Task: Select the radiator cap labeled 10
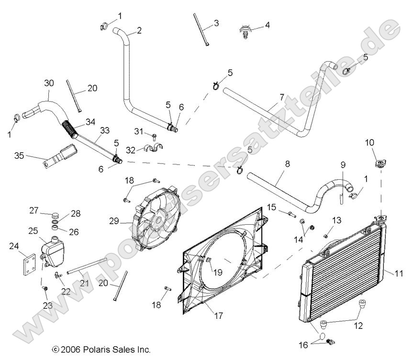tap(380, 164)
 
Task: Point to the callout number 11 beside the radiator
tap(399, 273)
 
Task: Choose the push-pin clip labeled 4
tap(245, 32)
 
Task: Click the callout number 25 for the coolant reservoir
tap(33, 231)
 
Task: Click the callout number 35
tap(19, 155)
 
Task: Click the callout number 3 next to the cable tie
tap(216, 22)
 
